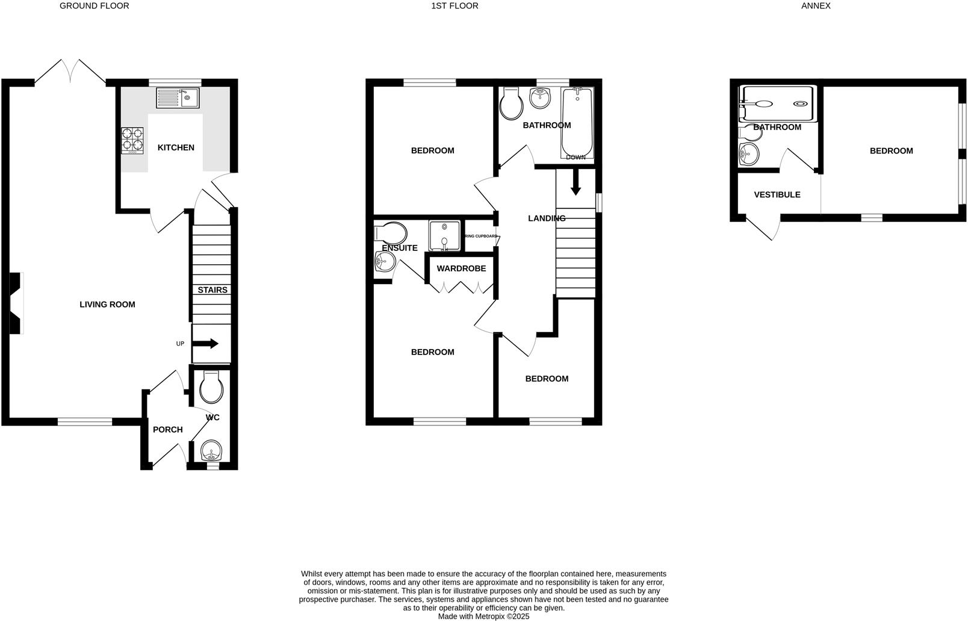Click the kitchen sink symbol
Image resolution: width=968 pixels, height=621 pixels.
click(177, 97)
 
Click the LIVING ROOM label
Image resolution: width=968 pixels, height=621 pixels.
click(107, 304)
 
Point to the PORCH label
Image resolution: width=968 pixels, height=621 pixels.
click(167, 430)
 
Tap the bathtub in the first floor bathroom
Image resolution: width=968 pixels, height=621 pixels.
click(577, 122)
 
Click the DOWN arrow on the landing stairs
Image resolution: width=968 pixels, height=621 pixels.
click(576, 182)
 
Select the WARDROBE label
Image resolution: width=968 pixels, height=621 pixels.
click(461, 268)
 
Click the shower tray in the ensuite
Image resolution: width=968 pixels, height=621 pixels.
click(444, 235)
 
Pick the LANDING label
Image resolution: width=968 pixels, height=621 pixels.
click(547, 218)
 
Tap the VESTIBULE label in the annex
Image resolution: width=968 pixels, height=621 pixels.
click(777, 195)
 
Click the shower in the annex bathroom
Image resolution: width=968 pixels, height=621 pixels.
click(777, 103)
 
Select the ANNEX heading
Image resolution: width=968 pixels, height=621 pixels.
click(816, 6)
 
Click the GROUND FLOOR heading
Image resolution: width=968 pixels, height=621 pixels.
click(95, 6)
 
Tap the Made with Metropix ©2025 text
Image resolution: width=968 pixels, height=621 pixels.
click(483, 616)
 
